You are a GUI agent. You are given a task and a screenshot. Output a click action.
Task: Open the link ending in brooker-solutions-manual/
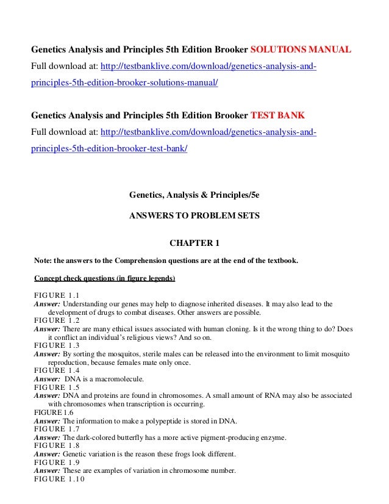tap(125, 81)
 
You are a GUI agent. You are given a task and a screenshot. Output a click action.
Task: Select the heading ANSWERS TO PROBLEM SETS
tap(194, 215)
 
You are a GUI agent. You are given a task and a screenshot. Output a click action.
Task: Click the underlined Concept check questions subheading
tap(104, 279)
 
